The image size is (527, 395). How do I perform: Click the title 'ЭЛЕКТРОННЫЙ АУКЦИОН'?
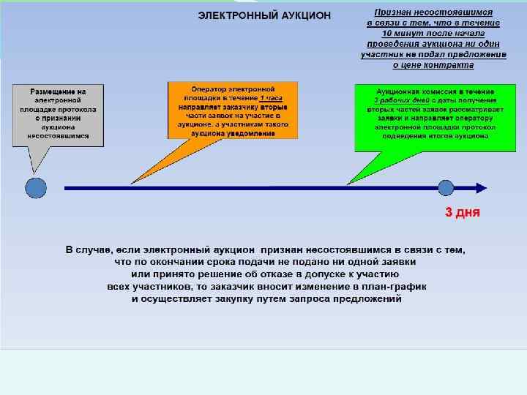point(264,15)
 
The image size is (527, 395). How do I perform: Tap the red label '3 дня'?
point(463,213)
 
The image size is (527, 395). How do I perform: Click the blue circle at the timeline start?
point(36,188)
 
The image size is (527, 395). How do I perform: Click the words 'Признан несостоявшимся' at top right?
point(433,13)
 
